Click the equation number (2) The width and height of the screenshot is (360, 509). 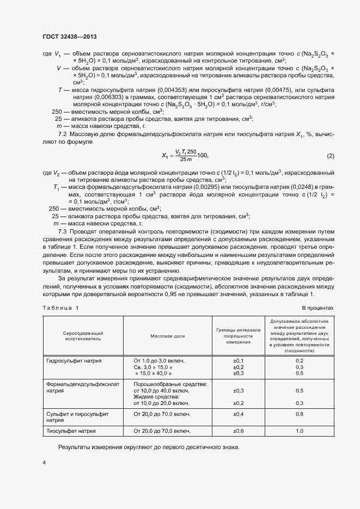pos(330,156)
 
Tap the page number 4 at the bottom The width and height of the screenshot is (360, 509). pos(44,463)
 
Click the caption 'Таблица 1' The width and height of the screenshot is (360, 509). pos(60,308)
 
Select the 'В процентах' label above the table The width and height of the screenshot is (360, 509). pos(317,308)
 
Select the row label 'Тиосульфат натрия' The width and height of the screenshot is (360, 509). pos(71,431)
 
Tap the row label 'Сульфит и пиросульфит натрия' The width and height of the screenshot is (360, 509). pos(77,417)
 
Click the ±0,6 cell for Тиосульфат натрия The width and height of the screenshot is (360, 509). pos(238,431)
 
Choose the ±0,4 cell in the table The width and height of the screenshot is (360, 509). pos(238,414)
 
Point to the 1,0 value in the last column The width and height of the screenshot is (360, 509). pos(299,431)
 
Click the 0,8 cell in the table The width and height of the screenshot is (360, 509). pos(299,414)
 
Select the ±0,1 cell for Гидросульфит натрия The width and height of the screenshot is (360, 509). pos(238,361)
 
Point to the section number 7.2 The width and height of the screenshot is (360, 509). pos(62,134)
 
